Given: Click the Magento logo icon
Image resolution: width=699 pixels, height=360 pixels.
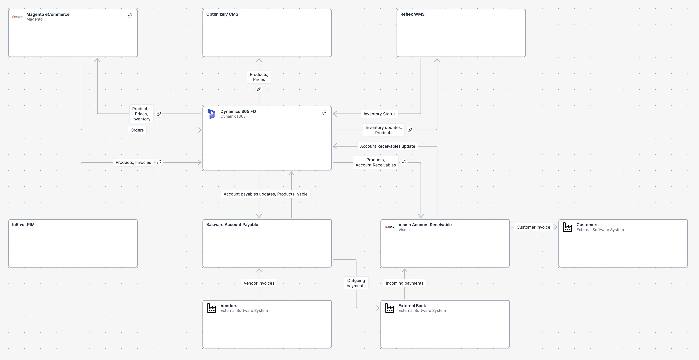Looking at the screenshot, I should tap(17, 17).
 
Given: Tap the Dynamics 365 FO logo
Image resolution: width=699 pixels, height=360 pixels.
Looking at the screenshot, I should tap(211, 114).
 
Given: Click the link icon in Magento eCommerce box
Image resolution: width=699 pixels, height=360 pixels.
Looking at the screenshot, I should tap(130, 16).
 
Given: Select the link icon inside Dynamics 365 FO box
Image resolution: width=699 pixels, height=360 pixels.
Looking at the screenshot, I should tap(324, 113).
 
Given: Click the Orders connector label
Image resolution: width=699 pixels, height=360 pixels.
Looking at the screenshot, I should tap(137, 130).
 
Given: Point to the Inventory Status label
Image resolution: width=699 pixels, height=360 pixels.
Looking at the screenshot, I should tap(379, 114).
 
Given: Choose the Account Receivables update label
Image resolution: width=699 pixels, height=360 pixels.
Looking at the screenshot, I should tap(388, 146).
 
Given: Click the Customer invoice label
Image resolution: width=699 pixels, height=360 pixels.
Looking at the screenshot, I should tap(533, 227).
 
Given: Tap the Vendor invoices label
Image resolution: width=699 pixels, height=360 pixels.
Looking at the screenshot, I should tap(259, 283).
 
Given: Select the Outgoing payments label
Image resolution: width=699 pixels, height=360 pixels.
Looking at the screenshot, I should tap(356, 283).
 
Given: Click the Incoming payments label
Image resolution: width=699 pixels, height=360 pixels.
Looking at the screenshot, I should tap(404, 283).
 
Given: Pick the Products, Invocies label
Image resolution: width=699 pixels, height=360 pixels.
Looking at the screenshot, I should tap(133, 162).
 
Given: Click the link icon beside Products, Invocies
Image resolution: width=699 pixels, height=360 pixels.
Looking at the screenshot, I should tap(159, 162).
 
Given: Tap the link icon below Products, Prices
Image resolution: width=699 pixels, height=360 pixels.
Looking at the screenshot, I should tap(259, 89).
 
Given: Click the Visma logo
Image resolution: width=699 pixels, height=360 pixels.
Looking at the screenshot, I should tap(389, 227).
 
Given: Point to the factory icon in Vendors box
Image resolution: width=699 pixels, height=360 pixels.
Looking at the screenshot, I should tap(211, 308).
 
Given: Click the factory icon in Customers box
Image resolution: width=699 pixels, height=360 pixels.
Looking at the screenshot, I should tap(567, 227).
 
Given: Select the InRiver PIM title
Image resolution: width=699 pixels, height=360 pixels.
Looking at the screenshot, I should tap(23, 225).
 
